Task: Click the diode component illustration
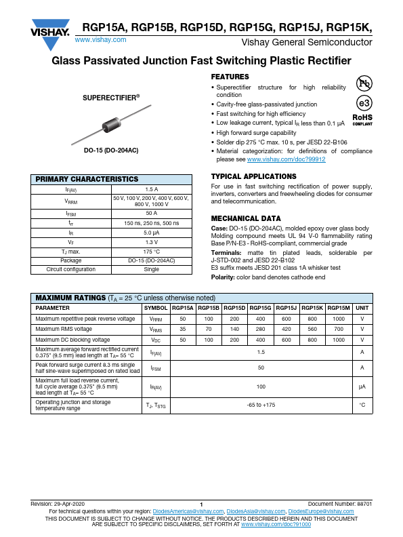(x=111, y=125)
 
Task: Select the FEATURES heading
(x=230, y=77)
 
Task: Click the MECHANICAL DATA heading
(x=246, y=219)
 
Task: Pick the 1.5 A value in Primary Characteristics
(x=152, y=190)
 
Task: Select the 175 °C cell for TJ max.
(x=152, y=252)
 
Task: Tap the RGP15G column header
(x=260, y=308)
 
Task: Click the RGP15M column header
(x=339, y=308)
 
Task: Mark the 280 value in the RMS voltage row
(x=260, y=329)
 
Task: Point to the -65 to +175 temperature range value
(x=261, y=405)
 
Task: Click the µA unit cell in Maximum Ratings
(x=362, y=386)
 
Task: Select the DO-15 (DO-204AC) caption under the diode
(x=111, y=150)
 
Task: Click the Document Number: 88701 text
(x=340, y=504)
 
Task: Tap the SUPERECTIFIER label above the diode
(x=111, y=98)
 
